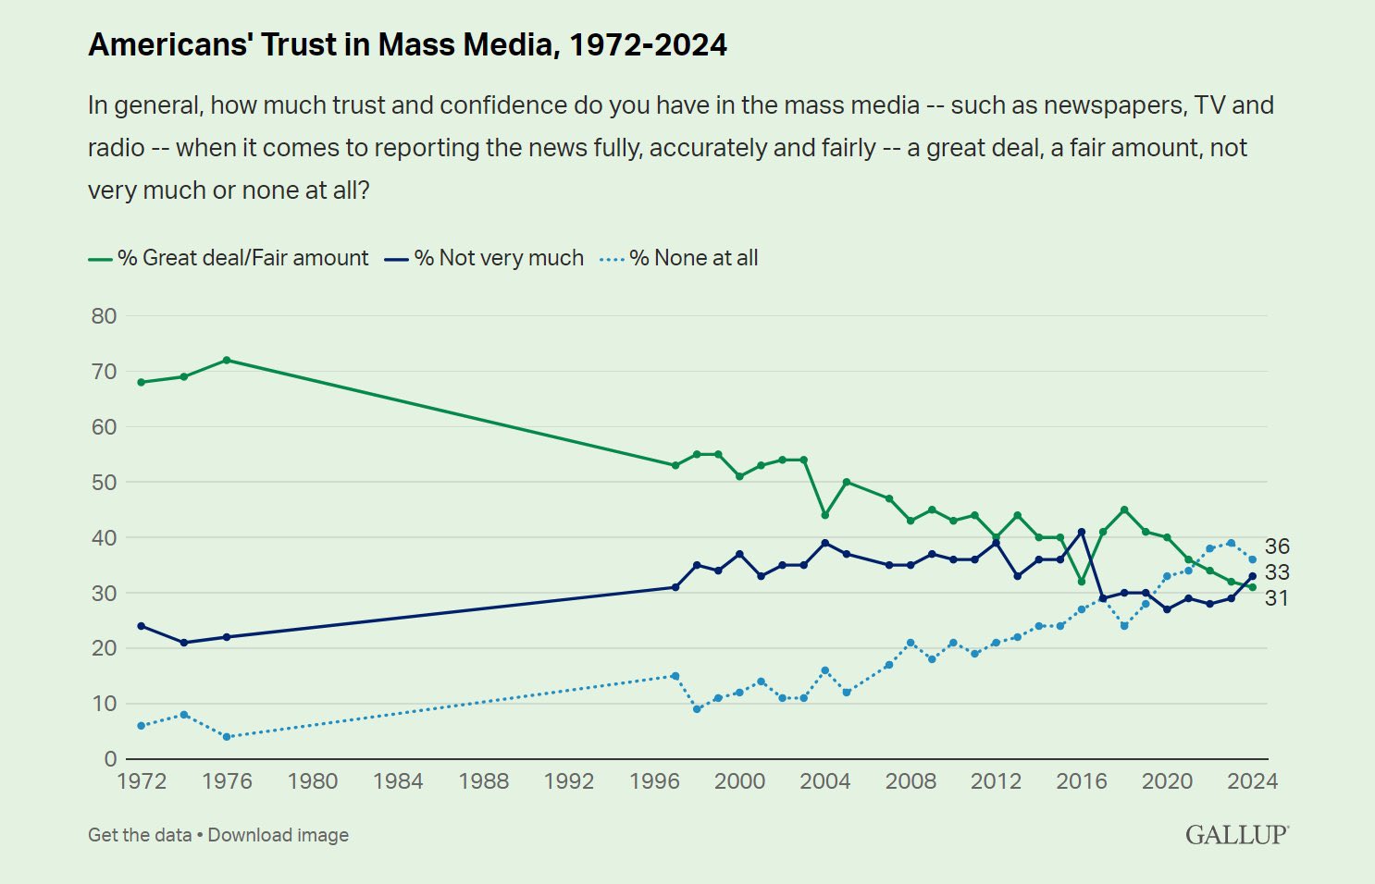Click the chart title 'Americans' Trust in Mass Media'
pos(407,45)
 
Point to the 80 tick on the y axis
pos(104,316)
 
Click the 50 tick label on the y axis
pos(104,483)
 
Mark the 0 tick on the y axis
pos(110,759)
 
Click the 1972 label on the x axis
pos(142,781)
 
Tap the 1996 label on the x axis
pos(654,781)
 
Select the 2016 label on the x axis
pos(1082,781)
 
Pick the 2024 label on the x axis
pos(1252,781)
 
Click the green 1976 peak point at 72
pos(227,360)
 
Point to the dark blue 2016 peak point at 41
pos(1082,532)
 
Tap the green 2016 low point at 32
pos(1082,582)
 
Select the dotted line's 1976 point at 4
pos(227,737)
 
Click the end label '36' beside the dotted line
pos(1277,546)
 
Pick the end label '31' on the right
pos(1277,598)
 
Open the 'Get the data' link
pos(140,835)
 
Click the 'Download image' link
pos(279,835)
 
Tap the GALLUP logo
pos(1236,835)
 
